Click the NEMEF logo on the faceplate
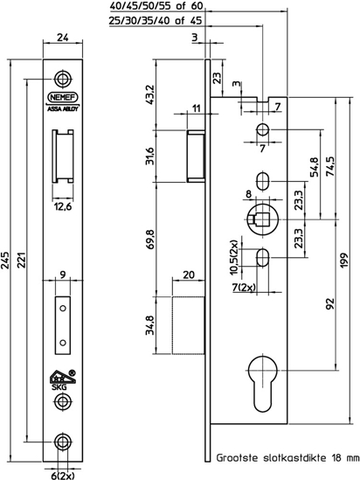61,99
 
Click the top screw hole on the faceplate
61,76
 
